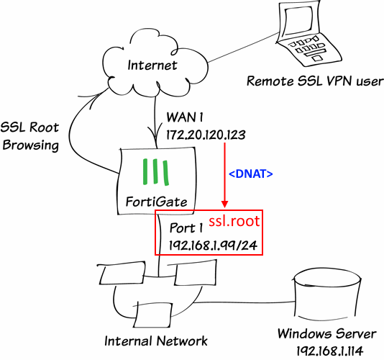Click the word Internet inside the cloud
[x=152, y=66]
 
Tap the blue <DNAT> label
[x=251, y=174]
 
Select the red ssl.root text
[x=234, y=221]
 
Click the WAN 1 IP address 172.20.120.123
[x=206, y=135]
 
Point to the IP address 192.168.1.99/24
[x=213, y=246]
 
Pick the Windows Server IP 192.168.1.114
[x=330, y=351]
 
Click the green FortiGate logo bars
[x=156, y=172]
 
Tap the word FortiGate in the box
[x=156, y=202]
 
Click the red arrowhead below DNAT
[x=225, y=204]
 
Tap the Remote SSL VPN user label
[x=315, y=81]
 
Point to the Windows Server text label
[x=326, y=334]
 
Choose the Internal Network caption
[x=156, y=341]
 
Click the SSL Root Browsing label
[x=30, y=136]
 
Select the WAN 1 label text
[x=185, y=117]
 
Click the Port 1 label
[x=186, y=228]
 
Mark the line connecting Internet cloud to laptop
[x=244, y=47]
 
